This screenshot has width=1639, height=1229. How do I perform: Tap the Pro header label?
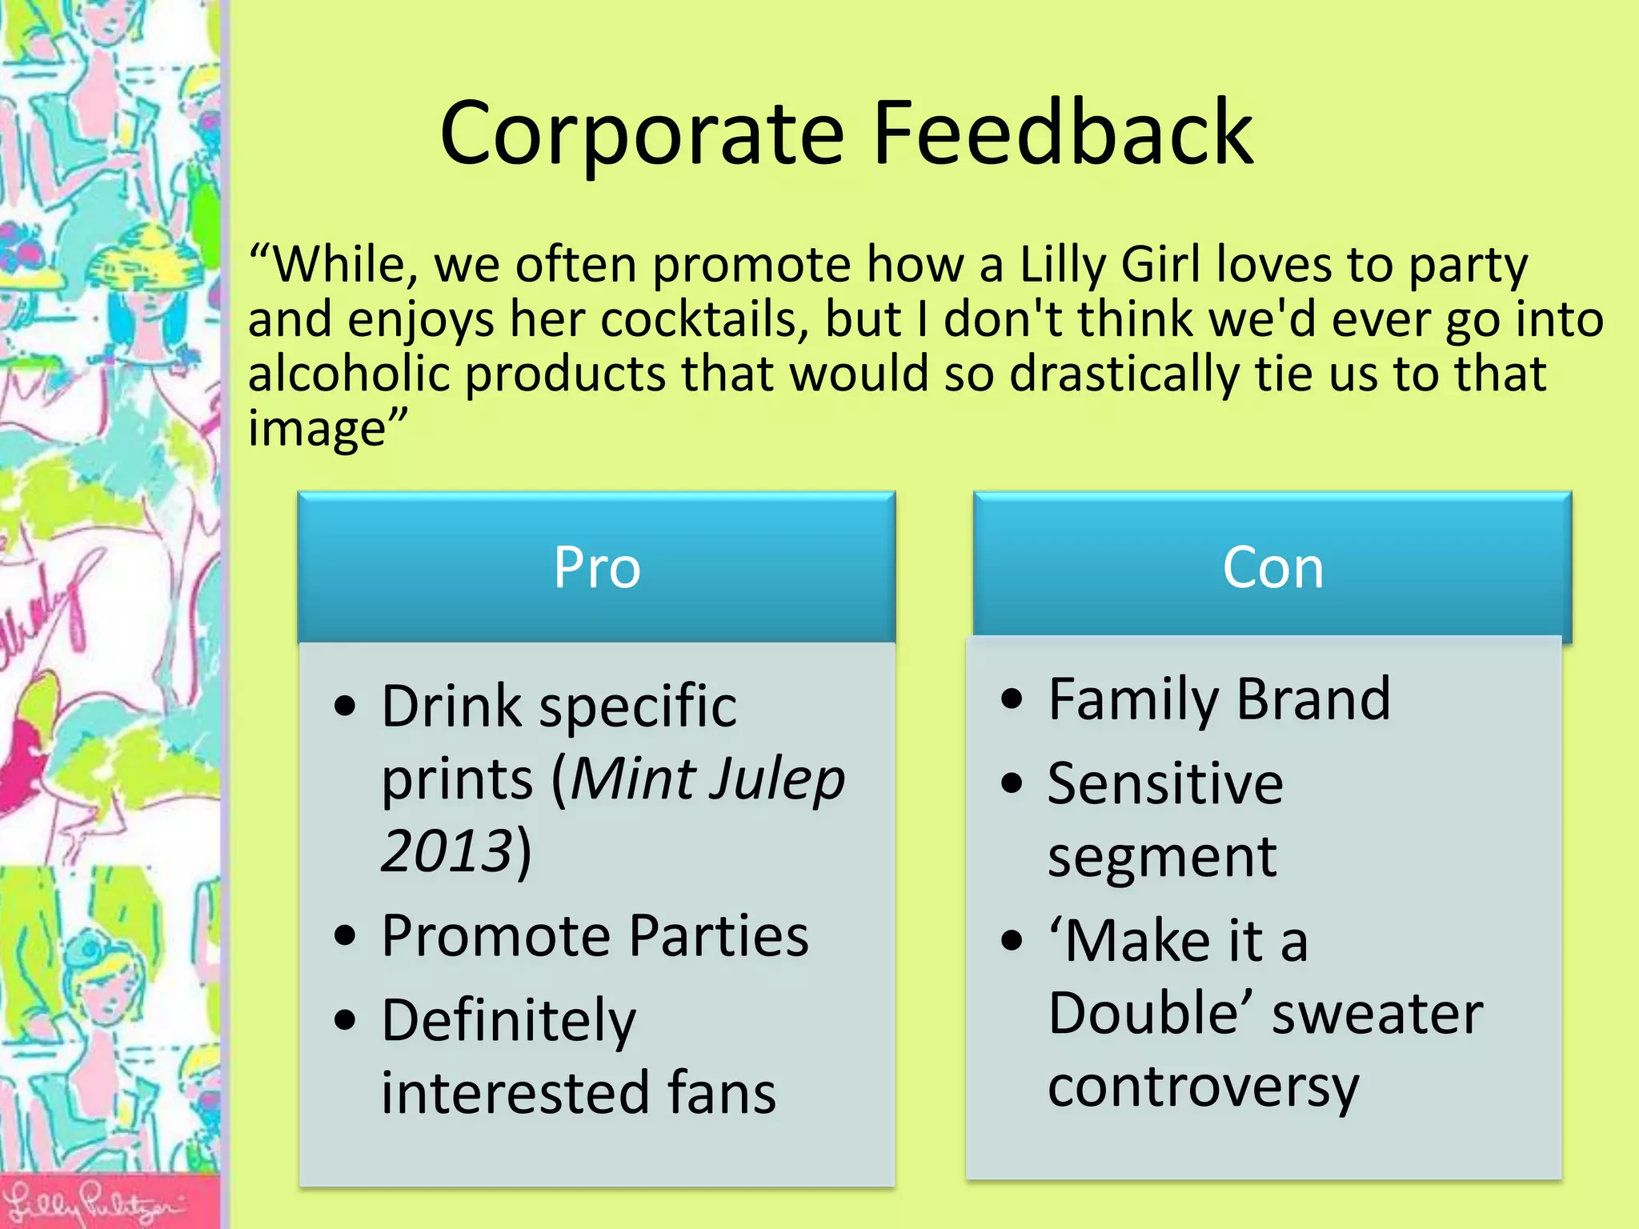click(597, 567)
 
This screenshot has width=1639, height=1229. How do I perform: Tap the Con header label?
click(1272, 567)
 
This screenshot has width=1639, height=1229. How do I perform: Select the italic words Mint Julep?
click(707, 779)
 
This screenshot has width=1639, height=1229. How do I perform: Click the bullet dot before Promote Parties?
click(345, 935)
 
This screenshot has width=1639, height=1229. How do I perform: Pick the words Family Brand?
click(1219, 699)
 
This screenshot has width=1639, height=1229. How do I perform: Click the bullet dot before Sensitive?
click(1012, 783)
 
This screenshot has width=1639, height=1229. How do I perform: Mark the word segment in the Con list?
click(1162, 857)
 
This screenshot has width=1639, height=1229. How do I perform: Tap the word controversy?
click(1204, 1087)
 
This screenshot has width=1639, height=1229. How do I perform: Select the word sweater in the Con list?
click(1377, 1014)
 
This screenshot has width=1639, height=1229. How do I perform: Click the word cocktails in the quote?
click(704, 319)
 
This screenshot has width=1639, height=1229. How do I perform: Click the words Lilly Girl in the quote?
click(1110, 264)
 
